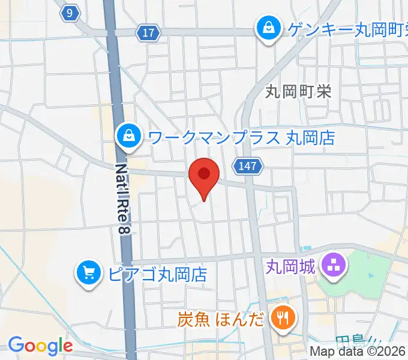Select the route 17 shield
tap(148, 34)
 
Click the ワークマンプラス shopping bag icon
tap(129, 136)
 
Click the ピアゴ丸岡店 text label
tap(158, 275)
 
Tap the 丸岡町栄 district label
tap(298, 91)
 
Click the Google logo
tap(40, 346)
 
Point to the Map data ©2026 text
tap(358, 352)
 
